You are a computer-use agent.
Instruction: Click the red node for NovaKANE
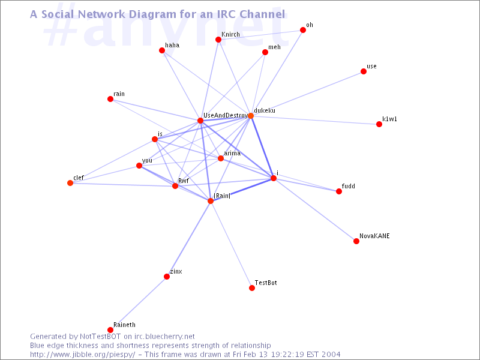pyautogui.click(x=356, y=241)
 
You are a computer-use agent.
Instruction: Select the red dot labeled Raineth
pyautogui.click(x=110, y=330)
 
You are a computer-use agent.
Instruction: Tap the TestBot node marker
pyautogui.click(x=252, y=288)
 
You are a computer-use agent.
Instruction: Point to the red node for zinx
pyautogui.click(x=167, y=277)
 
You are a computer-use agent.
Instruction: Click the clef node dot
pyautogui.click(x=70, y=183)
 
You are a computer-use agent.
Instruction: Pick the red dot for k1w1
pyautogui.click(x=379, y=124)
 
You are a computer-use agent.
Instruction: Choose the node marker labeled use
pyautogui.click(x=364, y=71)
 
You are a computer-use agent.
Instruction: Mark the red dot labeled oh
pyautogui.click(x=303, y=30)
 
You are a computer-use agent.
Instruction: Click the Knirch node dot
pyautogui.click(x=218, y=40)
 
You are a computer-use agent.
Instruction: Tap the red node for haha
pyautogui.click(x=162, y=50)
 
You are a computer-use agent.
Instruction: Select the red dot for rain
pyautogui.click(x=110, y=99)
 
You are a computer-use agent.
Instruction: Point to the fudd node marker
pyautogui.click(x=339, y=191)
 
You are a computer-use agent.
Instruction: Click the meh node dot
pyautogui.click(x=265, y=52)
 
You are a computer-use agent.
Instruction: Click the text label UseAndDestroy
pyautogui.click(x=225, y=115)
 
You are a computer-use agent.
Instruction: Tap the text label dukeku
pyautogui.click(x=265, y=111)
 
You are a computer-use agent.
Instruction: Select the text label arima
pyautogui.click(x=232, y=154)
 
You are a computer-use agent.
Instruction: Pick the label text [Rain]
pyautogui.click(x=222, y=196)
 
